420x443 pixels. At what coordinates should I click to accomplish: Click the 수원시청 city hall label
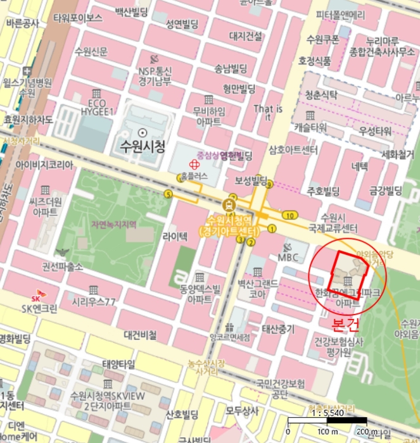[142, 147]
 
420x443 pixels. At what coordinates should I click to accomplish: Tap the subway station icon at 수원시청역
[228, 204]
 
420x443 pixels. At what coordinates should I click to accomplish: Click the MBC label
[288, 257]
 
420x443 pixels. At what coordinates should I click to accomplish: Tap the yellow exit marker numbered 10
[290, 216]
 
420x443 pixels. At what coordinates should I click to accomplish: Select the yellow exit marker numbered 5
[168, 194]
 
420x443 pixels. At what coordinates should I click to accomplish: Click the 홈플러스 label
[192, 180]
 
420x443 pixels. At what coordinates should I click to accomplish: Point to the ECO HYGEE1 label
[96, 107]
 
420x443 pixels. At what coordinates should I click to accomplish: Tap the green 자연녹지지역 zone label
[114, 224]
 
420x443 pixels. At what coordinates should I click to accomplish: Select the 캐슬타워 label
[310, 127]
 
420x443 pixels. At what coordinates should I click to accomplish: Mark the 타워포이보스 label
[77, 18]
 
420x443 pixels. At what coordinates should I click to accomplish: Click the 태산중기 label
[278, 328]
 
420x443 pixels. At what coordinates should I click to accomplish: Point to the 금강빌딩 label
[386, 190]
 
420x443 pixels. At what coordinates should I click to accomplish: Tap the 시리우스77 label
[93, 302]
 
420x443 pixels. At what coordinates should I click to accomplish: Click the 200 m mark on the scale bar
[367, 431]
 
